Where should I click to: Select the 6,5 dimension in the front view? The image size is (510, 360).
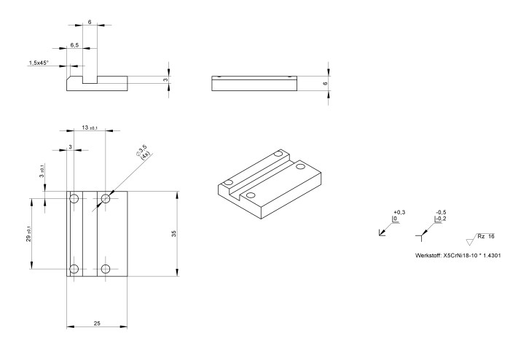[75, 45]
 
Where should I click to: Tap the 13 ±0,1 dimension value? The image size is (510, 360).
[90, 128]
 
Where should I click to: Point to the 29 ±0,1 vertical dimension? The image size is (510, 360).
[28, 233]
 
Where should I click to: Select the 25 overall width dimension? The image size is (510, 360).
[97, 323]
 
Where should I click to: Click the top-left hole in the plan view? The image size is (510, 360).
[74, 197]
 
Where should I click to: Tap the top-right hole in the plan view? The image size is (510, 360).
[106, 197]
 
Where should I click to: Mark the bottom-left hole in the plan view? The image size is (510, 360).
[74, 269]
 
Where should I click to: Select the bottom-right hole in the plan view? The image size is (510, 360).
[106, 269]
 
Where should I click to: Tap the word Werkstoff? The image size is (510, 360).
[426, 256]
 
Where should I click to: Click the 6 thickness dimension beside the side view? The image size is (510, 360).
[325, 84]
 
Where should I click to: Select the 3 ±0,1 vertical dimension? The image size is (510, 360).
[42, 171]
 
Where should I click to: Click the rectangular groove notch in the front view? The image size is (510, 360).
[90, 74]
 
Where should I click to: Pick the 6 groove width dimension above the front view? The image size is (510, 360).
[90, 23]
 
